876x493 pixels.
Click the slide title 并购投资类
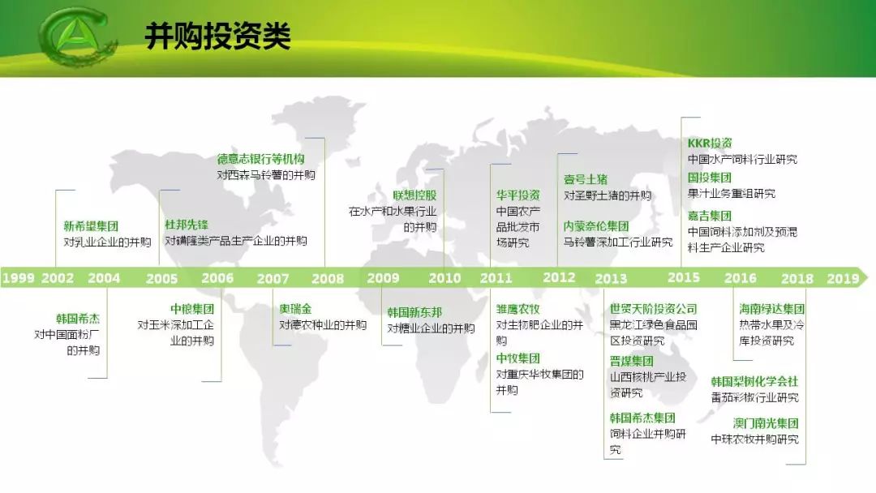[x=217, y=36]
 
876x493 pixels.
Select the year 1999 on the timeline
[x=18, y=278]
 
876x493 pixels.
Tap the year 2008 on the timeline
[x=328, y=278]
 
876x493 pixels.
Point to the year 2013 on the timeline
[x=611, y=278]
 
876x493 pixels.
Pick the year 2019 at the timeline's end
[x=843, y=278]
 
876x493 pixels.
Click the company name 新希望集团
[x=91, y=226]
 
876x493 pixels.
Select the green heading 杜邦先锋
[x=187, y=225]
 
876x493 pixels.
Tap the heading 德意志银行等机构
[x=260, y=159]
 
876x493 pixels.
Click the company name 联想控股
[x=414, y=195]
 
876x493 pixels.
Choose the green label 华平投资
[x=518, y=195]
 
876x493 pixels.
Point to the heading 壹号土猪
[x=586, y=179]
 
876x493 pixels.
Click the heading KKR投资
[x=710, y=144]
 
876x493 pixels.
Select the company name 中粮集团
[x=192, y=309]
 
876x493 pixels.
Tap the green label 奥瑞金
[x=295, y=309]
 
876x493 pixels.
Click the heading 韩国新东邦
[x=414, y=312]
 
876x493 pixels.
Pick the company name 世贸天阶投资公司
[x=653, y=309]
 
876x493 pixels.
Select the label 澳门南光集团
[x=766, y=423]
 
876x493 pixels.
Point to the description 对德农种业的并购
[x=323, y=325]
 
